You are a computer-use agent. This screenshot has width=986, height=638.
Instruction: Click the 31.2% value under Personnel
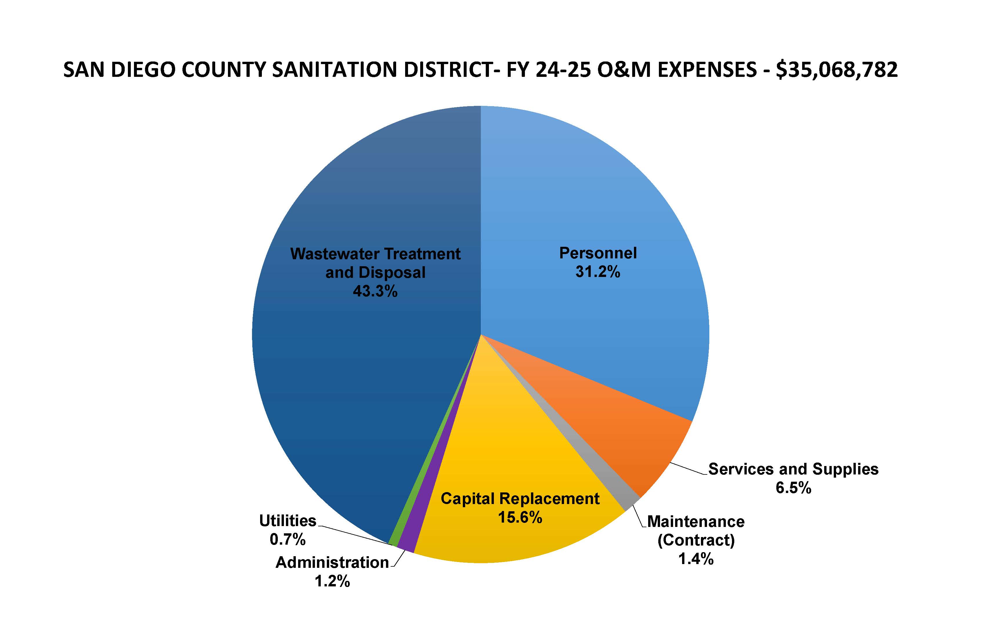pos(597,272)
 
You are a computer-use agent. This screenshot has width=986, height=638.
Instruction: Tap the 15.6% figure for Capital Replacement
pos(520,517)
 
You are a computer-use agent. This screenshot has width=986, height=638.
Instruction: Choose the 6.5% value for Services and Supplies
pos(793,488)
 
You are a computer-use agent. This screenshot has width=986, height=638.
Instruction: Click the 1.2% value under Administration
pos(332,581)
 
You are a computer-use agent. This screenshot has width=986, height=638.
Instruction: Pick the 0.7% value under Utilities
pos(287,539)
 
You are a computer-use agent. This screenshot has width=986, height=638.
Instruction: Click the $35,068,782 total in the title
pos(837,70)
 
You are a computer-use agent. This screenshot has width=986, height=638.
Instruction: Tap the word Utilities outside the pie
pos(287,521)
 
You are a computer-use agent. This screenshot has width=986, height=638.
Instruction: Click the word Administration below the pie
pos(332,563)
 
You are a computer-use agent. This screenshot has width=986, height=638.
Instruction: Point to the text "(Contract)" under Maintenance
pos(696,540)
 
